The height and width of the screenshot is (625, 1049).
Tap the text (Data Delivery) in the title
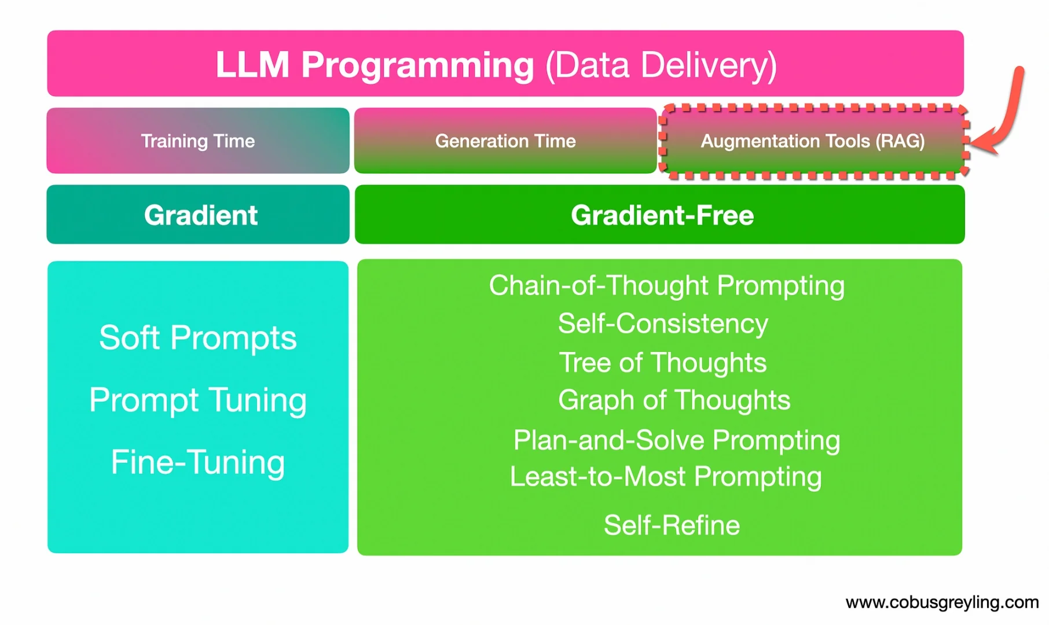point(661,65)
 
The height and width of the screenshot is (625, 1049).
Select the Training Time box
point(198,141)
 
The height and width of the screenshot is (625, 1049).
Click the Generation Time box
point(505,141)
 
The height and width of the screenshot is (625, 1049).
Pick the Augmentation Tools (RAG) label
point(813,141)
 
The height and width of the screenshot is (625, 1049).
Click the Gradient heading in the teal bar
point(200,215)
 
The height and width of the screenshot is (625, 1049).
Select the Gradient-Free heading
point(662,215)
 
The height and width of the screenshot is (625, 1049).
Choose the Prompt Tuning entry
point(197,400)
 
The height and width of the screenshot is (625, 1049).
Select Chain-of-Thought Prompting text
point(666,285)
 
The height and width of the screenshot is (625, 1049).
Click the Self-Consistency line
point(663,323)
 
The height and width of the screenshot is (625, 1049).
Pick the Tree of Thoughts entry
point(662,363)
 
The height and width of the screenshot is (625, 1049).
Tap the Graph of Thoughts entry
point(674,400)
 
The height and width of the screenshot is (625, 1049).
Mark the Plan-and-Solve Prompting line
point(676,440)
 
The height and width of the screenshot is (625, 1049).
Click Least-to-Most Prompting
point(665,476)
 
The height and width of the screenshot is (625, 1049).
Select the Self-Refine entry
point(672,525)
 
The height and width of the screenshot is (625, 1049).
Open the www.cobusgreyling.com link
point(942,602)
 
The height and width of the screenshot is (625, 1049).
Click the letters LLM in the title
point(252,65)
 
